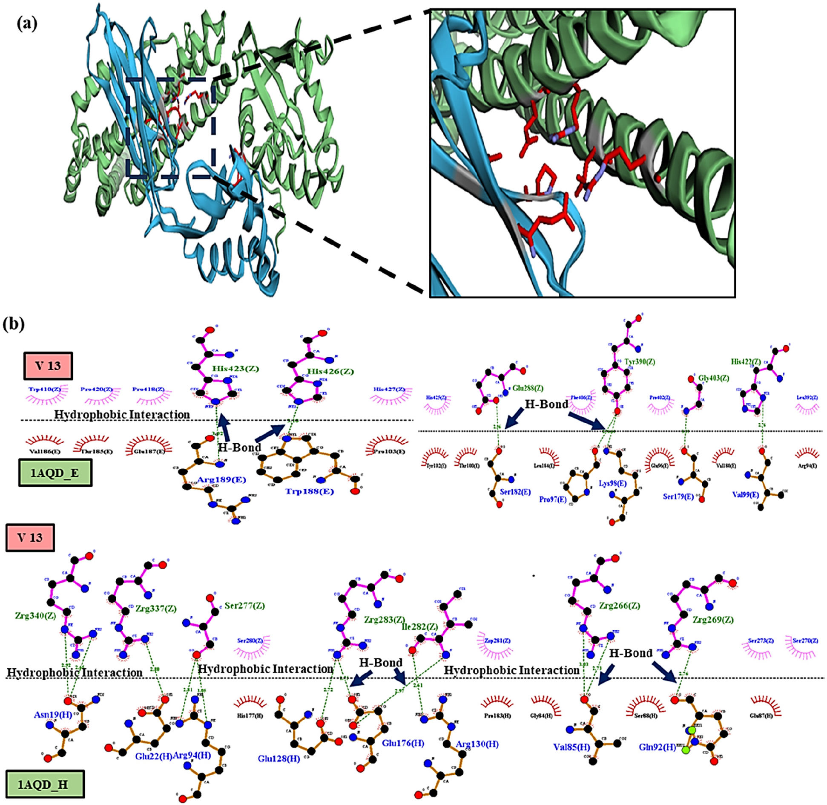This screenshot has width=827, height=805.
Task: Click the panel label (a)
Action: coord(27,24)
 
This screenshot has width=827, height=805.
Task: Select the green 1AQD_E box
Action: coord(55,473)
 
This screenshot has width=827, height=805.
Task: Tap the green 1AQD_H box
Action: coord(45,784)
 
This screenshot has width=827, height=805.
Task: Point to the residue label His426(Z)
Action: coord(331,371)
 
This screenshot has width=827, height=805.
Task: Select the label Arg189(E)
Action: coord(221,479)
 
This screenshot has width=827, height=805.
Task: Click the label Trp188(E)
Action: coord(309,491)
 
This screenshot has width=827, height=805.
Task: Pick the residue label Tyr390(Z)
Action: coord(640,362)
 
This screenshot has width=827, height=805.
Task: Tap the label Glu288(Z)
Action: coord(528,388)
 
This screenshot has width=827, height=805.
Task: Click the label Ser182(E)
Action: coord(515,491)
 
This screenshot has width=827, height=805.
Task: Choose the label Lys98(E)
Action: coord(613,483)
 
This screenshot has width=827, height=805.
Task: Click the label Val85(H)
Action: coord(571,747)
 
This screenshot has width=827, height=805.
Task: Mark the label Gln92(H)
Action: coord(657,747)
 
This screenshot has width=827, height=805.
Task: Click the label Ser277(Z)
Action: coord(244,606)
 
